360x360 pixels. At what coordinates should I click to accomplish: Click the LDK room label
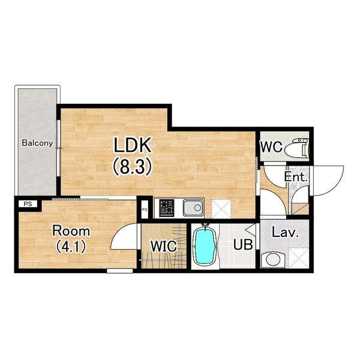(x=133, y=145)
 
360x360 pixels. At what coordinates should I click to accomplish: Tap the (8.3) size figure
(x=133, y=167)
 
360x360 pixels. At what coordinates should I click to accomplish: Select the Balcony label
(x=37, y=143)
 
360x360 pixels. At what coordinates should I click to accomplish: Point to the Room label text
(x=71, y=231)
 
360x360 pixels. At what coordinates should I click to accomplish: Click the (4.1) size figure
(x=71, y=247)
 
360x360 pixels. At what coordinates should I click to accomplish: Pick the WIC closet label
(x=163, y=246)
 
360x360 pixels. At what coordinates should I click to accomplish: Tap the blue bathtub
(x=205, y=246)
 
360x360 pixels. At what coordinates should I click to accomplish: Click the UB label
(x=243, y=244)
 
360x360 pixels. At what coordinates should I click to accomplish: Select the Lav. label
(x=285, y=233)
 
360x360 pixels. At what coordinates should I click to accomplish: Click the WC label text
(x=271, y=146)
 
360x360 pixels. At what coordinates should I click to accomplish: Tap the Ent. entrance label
(x=295, y=177)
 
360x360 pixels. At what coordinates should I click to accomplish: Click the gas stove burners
(x=166, y=208)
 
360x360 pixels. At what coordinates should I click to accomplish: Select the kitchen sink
(x=193, y=208)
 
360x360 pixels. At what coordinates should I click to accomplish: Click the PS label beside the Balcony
(x=28, y=204)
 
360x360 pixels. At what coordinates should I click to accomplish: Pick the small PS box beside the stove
(x=145, y=209)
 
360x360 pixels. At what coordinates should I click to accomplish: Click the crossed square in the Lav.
(x=298, y=258)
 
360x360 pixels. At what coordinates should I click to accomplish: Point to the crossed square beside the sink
(x=221, y=208)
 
